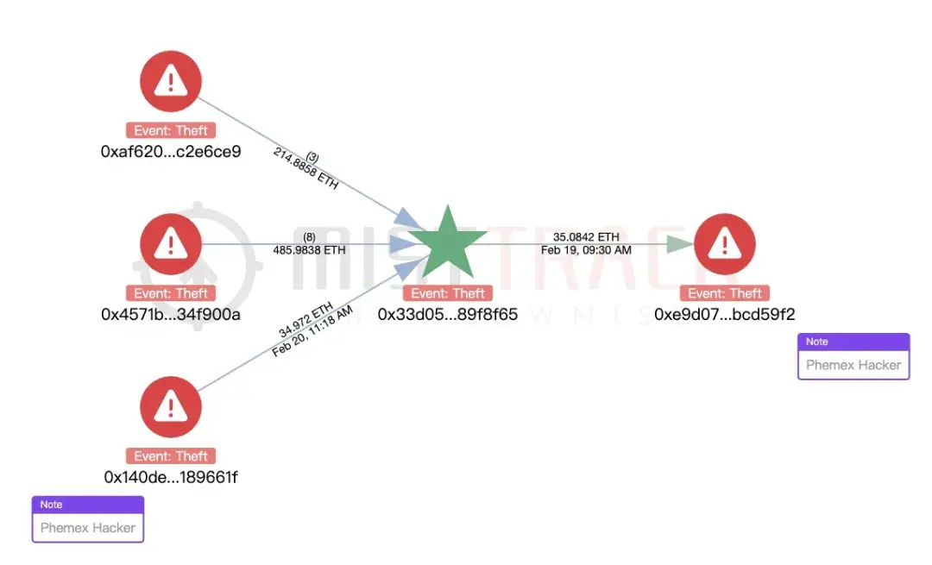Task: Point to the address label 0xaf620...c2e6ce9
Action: [x=171, y=152]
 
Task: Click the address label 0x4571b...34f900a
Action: [x=171, y=314]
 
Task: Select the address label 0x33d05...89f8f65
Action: [x=448, y=314]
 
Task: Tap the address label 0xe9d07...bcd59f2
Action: [x=724, y=314]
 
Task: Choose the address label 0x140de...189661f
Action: [x=171, y=477]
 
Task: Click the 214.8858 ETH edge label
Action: [x=306, y=170]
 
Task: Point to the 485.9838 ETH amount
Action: [x=309, y=250]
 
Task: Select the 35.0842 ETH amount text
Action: [x=586, y=237]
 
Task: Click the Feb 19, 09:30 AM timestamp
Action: [x=586, y=250]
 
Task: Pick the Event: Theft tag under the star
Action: [x=448, y=293]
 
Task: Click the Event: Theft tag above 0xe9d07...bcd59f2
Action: [x=724, y=293]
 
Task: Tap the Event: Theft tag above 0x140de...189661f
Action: [x=171, y=456]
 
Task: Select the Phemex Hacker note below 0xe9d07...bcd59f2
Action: [x=853, y=365]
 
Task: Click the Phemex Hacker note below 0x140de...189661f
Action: [x=88, y=527]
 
